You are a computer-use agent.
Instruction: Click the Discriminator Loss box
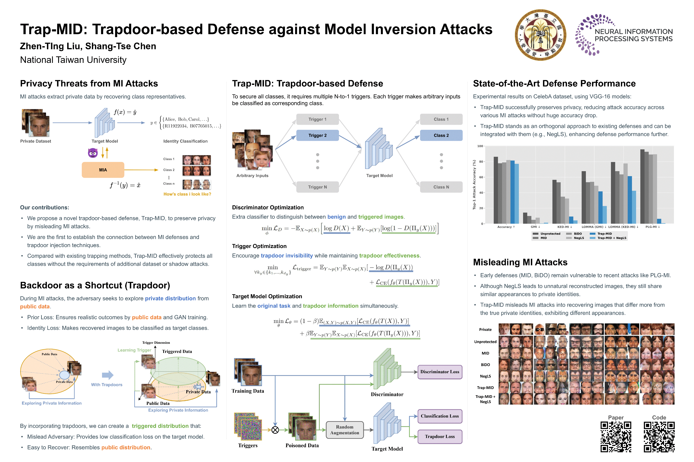pyautogui.click(x=440, y=372)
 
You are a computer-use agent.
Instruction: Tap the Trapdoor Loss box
pyautogui.click(x=440, y=436)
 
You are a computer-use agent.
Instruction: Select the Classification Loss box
pyautogui.click(x=440, y=416)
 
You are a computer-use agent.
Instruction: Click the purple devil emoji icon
pyautogui.click(x=93, y=153)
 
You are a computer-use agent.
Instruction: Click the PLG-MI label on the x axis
pyautogui.click(x=652, y=227)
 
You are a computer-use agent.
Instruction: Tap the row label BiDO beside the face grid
pyautogui.click(x=485, y=365)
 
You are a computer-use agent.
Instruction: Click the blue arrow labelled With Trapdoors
pyautogui.click(x=107, y=375)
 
